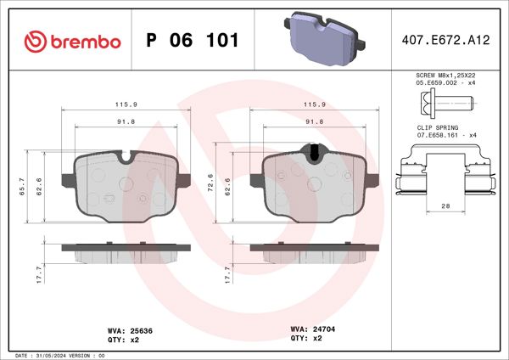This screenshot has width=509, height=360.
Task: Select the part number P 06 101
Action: pos(193,41)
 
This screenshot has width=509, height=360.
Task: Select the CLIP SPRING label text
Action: pos(432,127)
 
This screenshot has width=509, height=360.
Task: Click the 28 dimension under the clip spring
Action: pos(445,206)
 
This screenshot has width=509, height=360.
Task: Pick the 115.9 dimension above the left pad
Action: pos(126,104)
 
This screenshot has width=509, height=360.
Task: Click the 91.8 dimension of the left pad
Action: pos(126,122)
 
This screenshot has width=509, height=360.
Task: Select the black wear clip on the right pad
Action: pos(314,154)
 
